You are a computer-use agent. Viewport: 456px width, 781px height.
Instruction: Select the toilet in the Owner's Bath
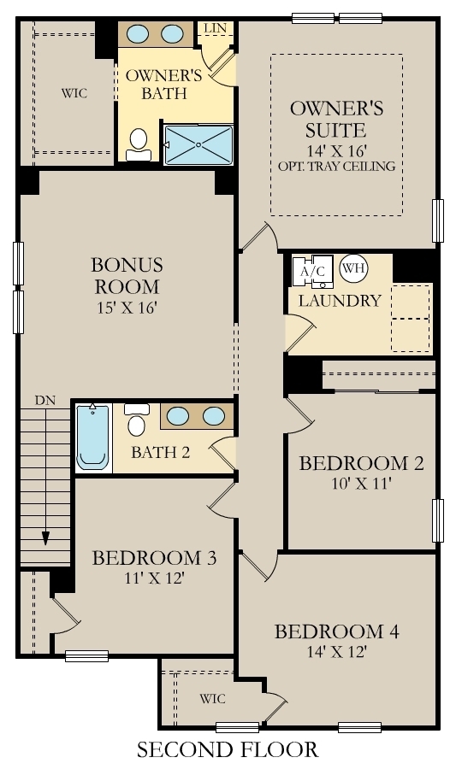point(139,145)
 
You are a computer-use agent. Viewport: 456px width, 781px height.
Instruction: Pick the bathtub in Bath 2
point(93,437)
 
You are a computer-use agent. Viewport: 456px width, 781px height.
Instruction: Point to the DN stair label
point(45,399)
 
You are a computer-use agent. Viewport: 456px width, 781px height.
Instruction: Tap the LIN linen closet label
point(214,29)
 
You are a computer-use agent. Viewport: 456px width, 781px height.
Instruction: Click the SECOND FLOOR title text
point(228,750)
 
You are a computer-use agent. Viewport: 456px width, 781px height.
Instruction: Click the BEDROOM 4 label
point(336,632)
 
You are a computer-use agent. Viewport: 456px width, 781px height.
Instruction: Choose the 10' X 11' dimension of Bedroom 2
point(360,483)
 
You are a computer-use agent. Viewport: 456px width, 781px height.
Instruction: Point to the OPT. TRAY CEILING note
point(336,166)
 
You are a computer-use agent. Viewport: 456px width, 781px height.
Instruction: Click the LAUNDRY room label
point(340,301)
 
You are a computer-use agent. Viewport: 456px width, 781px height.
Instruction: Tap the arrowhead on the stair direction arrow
point(45,538)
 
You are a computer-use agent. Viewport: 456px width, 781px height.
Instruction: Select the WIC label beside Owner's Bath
point(74,92)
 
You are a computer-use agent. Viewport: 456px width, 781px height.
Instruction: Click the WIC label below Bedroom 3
point(212,699)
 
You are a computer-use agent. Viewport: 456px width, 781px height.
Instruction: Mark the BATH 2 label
point(160,452)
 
